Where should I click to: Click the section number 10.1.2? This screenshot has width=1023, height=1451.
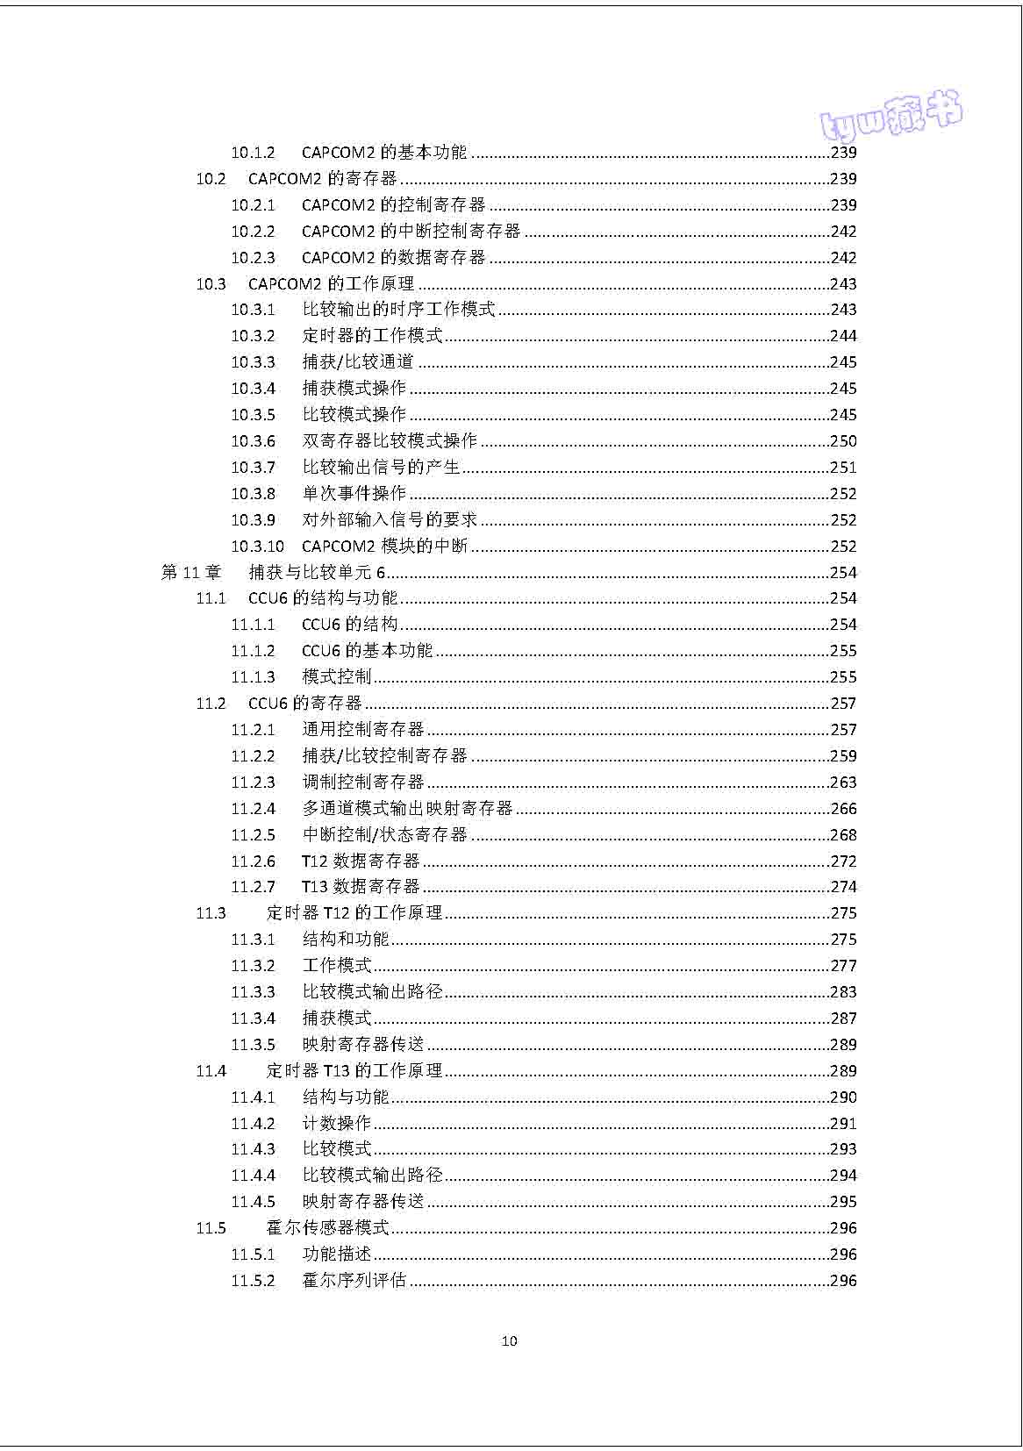click(253, 153)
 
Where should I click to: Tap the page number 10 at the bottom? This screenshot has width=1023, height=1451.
click(509, 1340)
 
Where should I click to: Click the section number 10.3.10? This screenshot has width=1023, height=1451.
click(257, 547)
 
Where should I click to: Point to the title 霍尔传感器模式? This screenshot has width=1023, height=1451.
click(327, 1228)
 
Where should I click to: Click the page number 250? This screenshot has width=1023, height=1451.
click(843, 441)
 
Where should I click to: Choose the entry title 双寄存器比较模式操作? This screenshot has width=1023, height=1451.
click(390, 441)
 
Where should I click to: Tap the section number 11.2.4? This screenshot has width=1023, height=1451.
click(253, 809)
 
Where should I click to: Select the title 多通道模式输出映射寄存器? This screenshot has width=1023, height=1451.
click(407, 809)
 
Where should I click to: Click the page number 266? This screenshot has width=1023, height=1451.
click(843, 809)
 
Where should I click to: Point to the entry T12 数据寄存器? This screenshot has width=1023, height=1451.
click(361, 861)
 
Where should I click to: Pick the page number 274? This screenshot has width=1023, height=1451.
click(843, 887)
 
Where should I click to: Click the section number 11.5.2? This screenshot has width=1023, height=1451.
click(253, 1281)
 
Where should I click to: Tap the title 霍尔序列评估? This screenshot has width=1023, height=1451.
click(354, 1281)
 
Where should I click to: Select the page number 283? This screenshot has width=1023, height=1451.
click(843, 992)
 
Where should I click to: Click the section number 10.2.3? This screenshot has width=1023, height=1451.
click(253, 258)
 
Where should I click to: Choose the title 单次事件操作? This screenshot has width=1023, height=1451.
click(354, 494)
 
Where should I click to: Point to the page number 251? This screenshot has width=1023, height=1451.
click(843, 468)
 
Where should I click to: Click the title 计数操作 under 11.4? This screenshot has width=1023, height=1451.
click(337, 1124)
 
